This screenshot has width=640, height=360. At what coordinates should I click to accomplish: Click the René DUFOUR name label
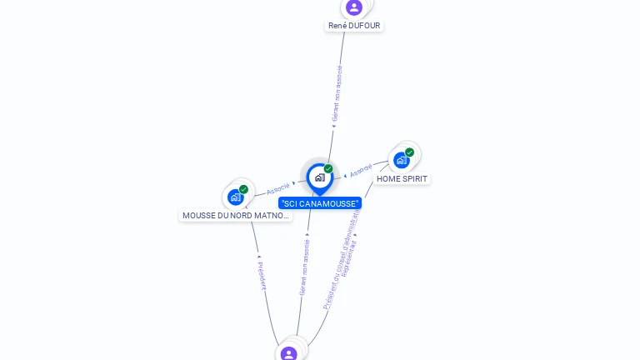click(x=354, y=26)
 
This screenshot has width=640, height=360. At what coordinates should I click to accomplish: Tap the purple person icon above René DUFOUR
click(x=354, y=7)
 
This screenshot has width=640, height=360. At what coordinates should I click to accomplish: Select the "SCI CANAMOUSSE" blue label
click(x=320, y=203)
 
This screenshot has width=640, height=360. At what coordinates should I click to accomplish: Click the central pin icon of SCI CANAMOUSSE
click(x=319, y=177)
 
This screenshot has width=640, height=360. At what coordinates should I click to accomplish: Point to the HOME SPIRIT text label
click(x=402, y=178)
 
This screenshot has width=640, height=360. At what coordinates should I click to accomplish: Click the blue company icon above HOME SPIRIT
click(x=402, y=160)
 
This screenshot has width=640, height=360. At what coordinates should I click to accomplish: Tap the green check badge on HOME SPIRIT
click(x=410, y=152)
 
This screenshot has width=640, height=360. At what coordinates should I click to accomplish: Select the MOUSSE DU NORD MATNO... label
click(x=236, y=216)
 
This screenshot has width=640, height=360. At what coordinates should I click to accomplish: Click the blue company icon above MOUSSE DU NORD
click(x=235, y=197)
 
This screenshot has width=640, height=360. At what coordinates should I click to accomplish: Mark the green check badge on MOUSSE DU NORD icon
click(x=243, y=189)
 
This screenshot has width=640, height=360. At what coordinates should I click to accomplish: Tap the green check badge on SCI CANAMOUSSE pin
click(x=328, y=169)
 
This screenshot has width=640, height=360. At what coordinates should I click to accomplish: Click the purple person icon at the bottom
click(x=289, y=353)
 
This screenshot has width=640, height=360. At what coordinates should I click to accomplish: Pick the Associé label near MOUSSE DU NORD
click(x=278, y=188)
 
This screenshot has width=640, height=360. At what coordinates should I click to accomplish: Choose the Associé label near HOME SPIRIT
click(x=361, y=171)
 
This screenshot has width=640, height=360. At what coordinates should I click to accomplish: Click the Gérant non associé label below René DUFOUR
click(x=337, y=93)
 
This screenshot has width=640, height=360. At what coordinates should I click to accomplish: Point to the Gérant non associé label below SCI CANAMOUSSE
click(x=304, y=267)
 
